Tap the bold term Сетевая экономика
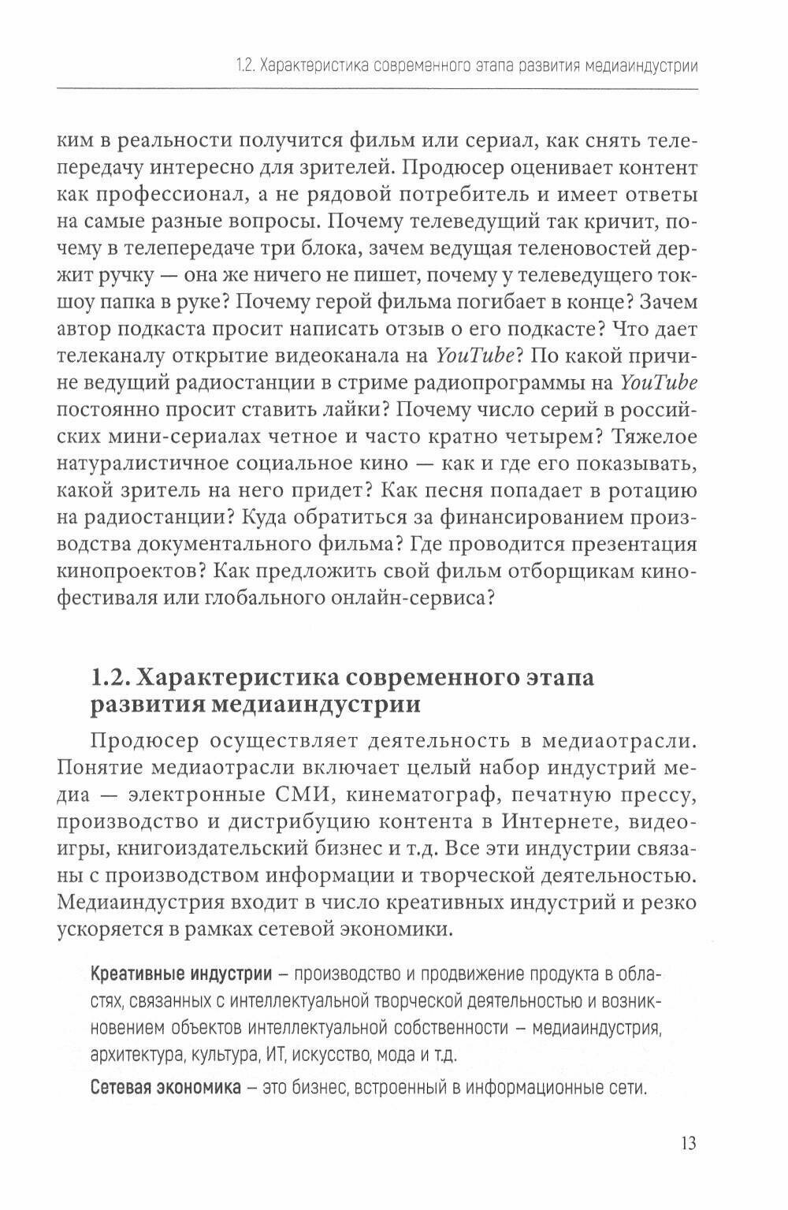(165, 1089)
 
